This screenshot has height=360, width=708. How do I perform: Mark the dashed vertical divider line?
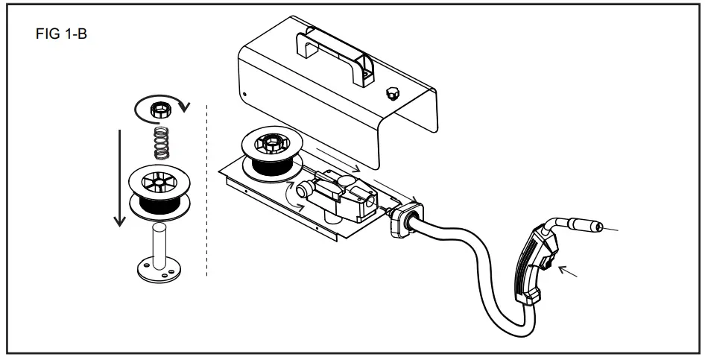pyautogui.click(x=206, y=194)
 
